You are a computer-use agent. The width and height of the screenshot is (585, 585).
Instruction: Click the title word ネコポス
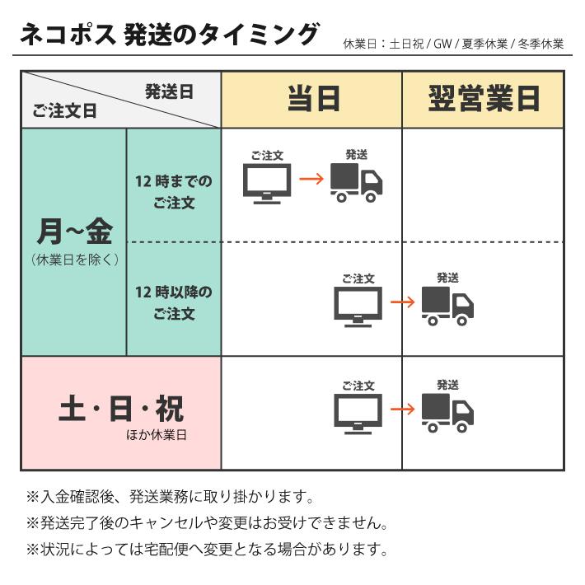pos(68,35)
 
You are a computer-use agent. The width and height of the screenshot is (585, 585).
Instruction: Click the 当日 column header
pos(314,99)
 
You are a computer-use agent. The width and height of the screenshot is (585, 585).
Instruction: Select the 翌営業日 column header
pos(484,99)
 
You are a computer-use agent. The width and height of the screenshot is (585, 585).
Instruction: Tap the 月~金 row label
pos(75,232)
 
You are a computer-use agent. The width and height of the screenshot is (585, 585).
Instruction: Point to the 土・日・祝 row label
pos(121,408)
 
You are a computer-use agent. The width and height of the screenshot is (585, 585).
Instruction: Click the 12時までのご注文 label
pos(174,192)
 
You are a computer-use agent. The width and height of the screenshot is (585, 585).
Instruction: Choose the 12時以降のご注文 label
pos(174,302)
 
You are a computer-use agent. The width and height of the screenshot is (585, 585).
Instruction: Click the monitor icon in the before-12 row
pos(267,184)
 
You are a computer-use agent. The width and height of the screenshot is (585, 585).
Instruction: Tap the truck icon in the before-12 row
pos(356,183)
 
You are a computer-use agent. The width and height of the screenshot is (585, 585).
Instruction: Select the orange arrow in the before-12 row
pos(311,179)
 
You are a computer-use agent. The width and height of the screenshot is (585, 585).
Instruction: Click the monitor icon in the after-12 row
pos(358,307)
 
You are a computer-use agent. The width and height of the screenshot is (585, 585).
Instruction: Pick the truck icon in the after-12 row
pos(447,306)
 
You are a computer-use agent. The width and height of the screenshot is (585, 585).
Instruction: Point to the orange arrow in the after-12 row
pos(403,302)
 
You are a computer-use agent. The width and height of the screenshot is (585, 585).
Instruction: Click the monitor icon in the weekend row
pos(358,414)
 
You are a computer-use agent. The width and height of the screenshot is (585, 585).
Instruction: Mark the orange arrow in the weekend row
pos(403,409)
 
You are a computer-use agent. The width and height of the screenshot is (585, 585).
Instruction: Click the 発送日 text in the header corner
pos(169,91)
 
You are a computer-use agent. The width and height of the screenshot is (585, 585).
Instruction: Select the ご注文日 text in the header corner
pos(64,110)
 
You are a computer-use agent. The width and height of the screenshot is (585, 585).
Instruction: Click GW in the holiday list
pos(442,44)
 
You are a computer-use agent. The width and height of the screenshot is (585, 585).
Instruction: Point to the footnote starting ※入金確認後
pos(170,497)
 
